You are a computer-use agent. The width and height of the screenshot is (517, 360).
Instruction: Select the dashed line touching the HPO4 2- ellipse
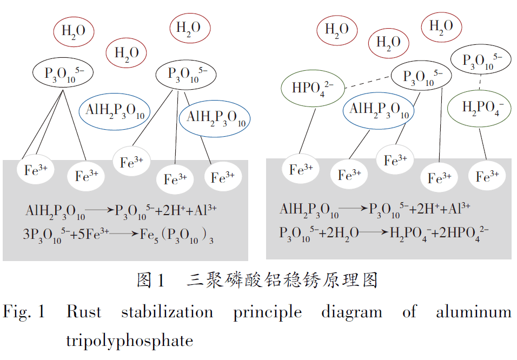coord(368,82)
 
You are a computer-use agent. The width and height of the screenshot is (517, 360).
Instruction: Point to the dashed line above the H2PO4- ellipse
coord(480,82)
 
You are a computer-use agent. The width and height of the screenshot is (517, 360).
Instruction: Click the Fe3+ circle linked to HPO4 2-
coord(301,169)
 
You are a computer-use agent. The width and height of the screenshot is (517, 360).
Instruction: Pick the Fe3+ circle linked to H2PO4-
coord(487,176)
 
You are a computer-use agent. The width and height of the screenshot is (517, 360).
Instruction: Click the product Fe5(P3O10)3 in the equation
coord(176,235)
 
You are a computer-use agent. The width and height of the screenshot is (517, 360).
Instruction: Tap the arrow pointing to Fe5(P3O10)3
coord(123,234)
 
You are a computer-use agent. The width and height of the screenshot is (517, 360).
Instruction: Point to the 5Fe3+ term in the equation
coord(92,234)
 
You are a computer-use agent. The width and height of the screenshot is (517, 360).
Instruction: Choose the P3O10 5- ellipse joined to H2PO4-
coord(481,59)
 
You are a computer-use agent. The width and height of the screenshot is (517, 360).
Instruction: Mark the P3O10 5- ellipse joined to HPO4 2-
coord(421,76)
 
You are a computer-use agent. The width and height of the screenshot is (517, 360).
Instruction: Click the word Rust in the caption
coord(84,312)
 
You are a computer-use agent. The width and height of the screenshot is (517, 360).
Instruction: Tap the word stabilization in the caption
coord(167,312)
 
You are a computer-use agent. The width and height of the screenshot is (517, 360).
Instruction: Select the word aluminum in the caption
coord(474,312)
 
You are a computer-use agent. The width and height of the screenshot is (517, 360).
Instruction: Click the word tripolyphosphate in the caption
coord(130,341)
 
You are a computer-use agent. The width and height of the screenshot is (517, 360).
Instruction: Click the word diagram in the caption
coord(352,312)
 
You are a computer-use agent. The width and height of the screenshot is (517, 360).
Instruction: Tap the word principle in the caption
coord(267,312)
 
